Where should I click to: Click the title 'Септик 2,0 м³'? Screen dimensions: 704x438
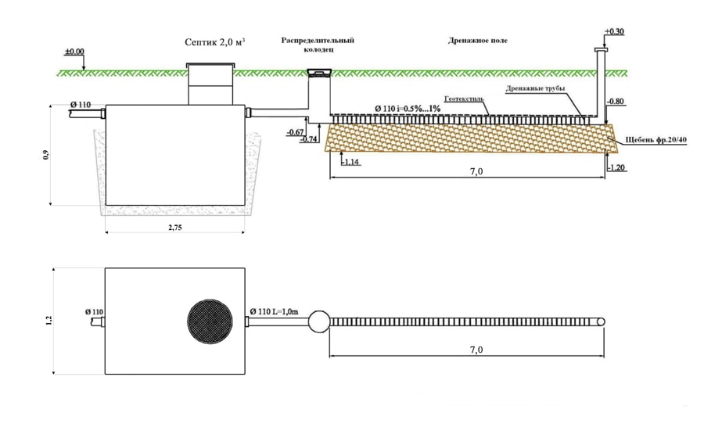pos(214,42)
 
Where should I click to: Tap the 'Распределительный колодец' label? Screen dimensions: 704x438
pos(318,45)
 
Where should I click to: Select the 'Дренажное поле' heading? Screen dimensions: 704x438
pos(478,41)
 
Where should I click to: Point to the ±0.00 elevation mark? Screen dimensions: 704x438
pos(74,52)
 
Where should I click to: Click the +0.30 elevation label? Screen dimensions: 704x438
pos(614,31)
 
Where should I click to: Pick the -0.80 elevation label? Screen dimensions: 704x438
pos(616,102)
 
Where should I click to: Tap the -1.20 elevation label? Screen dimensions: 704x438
pos(616,168)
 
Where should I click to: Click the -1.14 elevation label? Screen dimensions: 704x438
pos(350,162)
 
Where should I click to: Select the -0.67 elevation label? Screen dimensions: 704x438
pos(296,132)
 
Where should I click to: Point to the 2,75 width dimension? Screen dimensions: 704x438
pos(175,228)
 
